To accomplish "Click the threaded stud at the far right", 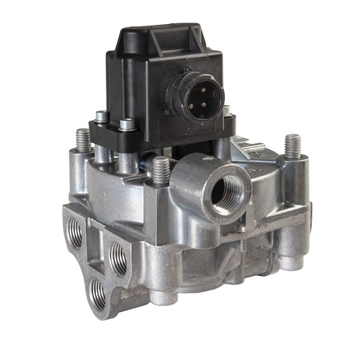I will click(x=292, y=145).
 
